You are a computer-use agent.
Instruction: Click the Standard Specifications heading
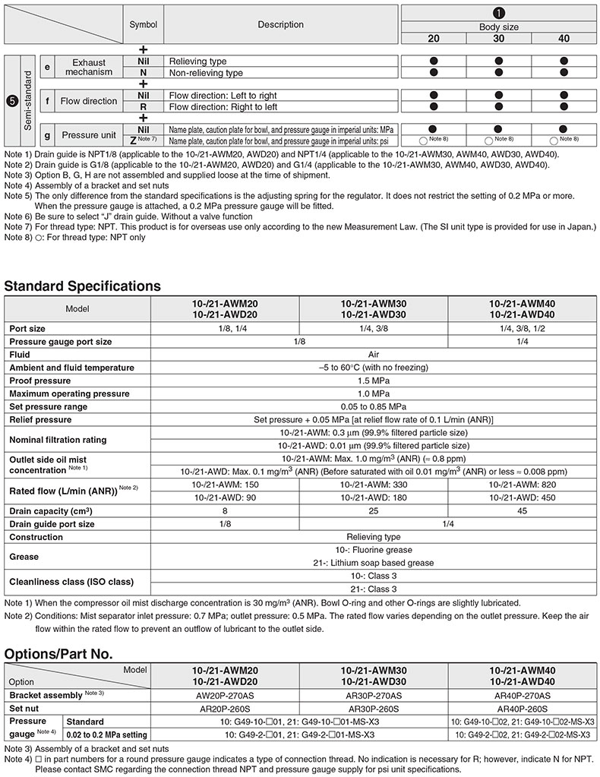point(83,286)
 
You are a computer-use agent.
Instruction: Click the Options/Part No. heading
point(58,653)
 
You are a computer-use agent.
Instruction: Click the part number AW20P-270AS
point(226,695)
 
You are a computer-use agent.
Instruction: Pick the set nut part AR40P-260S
point(523,708)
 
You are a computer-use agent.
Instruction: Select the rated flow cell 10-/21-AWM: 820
point(523,484)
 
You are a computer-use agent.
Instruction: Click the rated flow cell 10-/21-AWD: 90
point(226,497)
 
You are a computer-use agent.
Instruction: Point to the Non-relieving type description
point(206,73)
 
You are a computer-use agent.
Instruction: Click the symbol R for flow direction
point(143,107)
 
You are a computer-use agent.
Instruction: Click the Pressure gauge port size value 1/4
point(523,341)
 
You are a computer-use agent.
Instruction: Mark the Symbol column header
point(143,24)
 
